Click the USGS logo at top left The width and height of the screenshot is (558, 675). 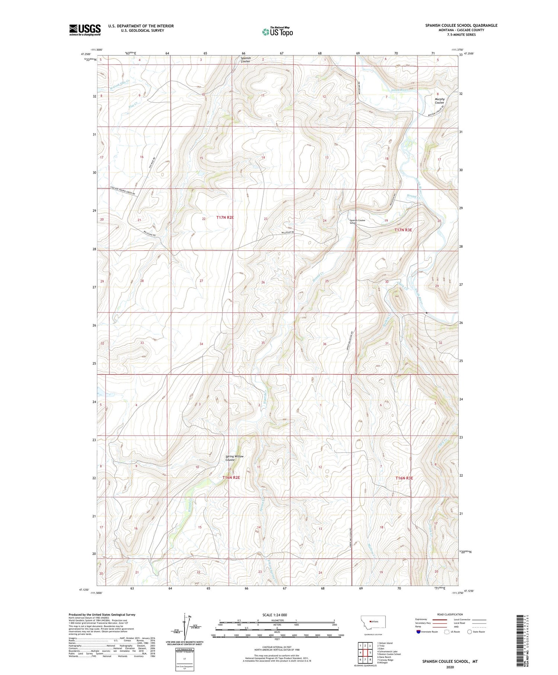tap(85, 30)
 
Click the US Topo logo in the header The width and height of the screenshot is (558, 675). tap(278, 32)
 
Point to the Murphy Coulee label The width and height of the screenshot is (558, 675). tap(440, 101)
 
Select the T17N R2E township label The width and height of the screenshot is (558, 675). tap(225, 217)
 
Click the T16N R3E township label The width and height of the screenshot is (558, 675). tap(404, 478)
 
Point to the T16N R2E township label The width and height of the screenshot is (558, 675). tap(231, 477)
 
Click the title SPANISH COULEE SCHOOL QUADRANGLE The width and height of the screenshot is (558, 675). tap(461, 25)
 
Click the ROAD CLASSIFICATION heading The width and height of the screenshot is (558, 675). tap(450, 614)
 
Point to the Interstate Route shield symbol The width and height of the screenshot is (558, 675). tap(418, 632)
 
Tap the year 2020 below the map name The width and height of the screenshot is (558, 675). tap(449, 667)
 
